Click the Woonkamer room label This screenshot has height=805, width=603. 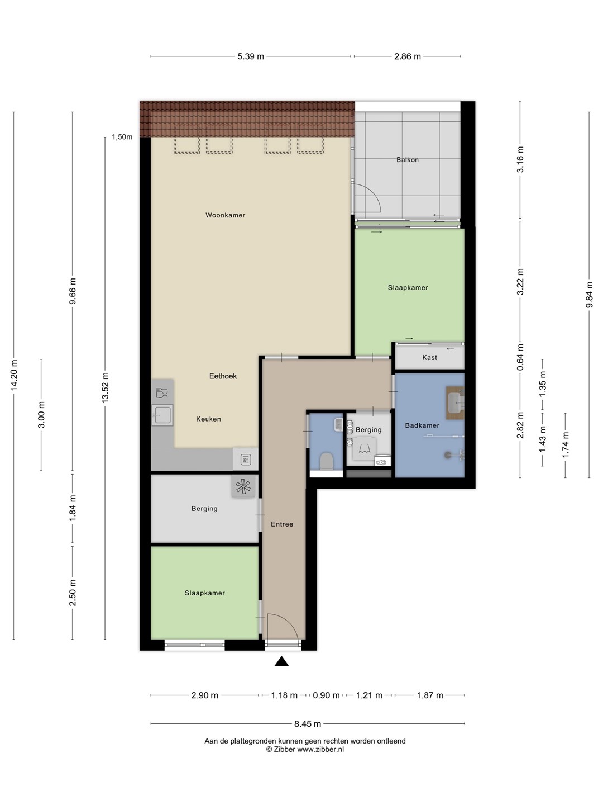[225, 215]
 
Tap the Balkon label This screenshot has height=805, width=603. [407, 159]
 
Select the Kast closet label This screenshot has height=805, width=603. [429, 357]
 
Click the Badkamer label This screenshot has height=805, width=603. [422, 425]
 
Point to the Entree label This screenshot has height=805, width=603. [282, 524]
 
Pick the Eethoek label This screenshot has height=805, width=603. [223, 376]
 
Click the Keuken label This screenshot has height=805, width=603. [208, 419]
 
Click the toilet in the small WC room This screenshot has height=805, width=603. [326, 461]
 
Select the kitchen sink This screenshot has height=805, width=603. [162, 415]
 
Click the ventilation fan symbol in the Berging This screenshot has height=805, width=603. [243, 486]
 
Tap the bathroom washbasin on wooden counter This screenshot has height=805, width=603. [456, 402]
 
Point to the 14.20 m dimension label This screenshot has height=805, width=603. [14, 375]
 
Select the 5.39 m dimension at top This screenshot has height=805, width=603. [251, 56]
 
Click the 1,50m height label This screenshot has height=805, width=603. [122, 137]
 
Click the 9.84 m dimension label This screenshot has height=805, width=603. [589, 295]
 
